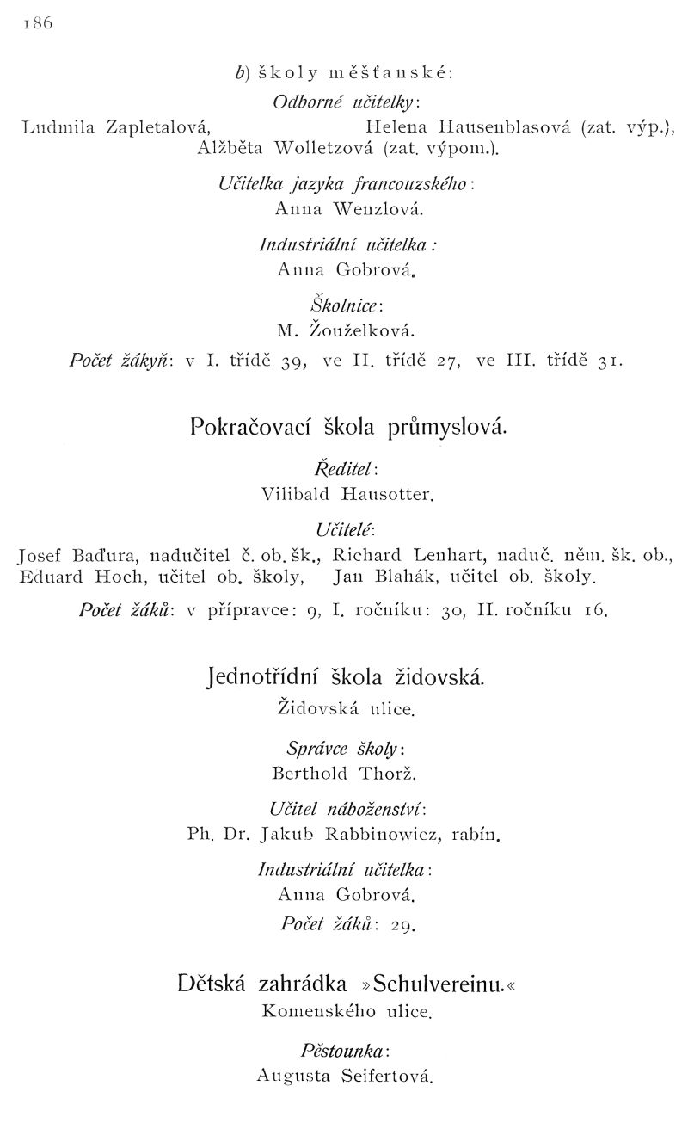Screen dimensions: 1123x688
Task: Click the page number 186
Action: [x=38, y=24]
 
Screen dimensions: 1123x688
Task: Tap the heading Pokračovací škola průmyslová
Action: [x=348, y=429]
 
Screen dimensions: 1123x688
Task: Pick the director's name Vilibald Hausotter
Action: [x=347, y=494]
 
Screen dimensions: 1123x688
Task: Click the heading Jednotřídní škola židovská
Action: [x=347, y=682]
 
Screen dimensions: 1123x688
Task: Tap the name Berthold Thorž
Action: [x=344, y=773]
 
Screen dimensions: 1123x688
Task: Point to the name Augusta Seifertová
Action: [x=344, y=1075]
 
